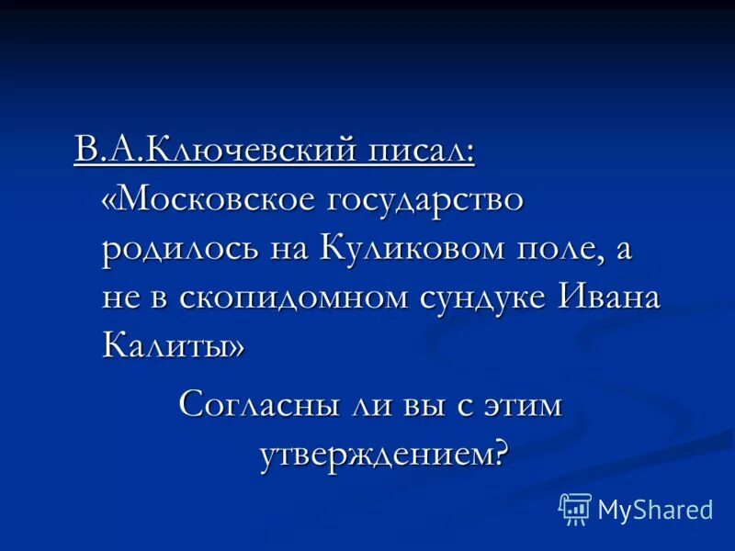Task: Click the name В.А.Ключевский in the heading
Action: click(x=220, y=149)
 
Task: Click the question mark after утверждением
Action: click(x=501, y=453)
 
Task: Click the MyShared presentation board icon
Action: click(x=575, y=508)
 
